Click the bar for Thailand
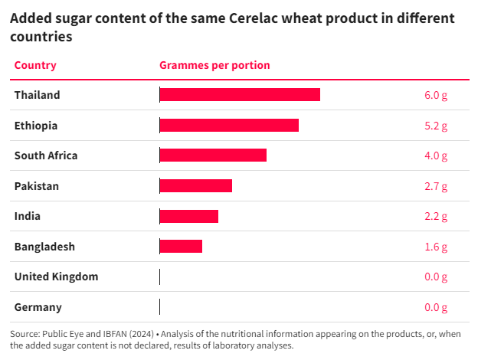(240, 95)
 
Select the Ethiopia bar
(229, 125)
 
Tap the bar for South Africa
(213, 155)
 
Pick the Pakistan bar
(196, 185)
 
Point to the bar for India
(189, 216)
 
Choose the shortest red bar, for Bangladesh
(181, 246)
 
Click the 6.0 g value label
(435, 95)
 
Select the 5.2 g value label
(435, 125)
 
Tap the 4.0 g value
(435, 155)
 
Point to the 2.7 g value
(435, 185)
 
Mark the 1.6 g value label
(435, 246)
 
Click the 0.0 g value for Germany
(435, 307)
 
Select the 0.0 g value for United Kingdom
(435, 277)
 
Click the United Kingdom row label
(56, 277)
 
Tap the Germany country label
(38, 307)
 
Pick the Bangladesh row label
(44, 246)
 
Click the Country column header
(35, 65)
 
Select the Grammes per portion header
(214, 65)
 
